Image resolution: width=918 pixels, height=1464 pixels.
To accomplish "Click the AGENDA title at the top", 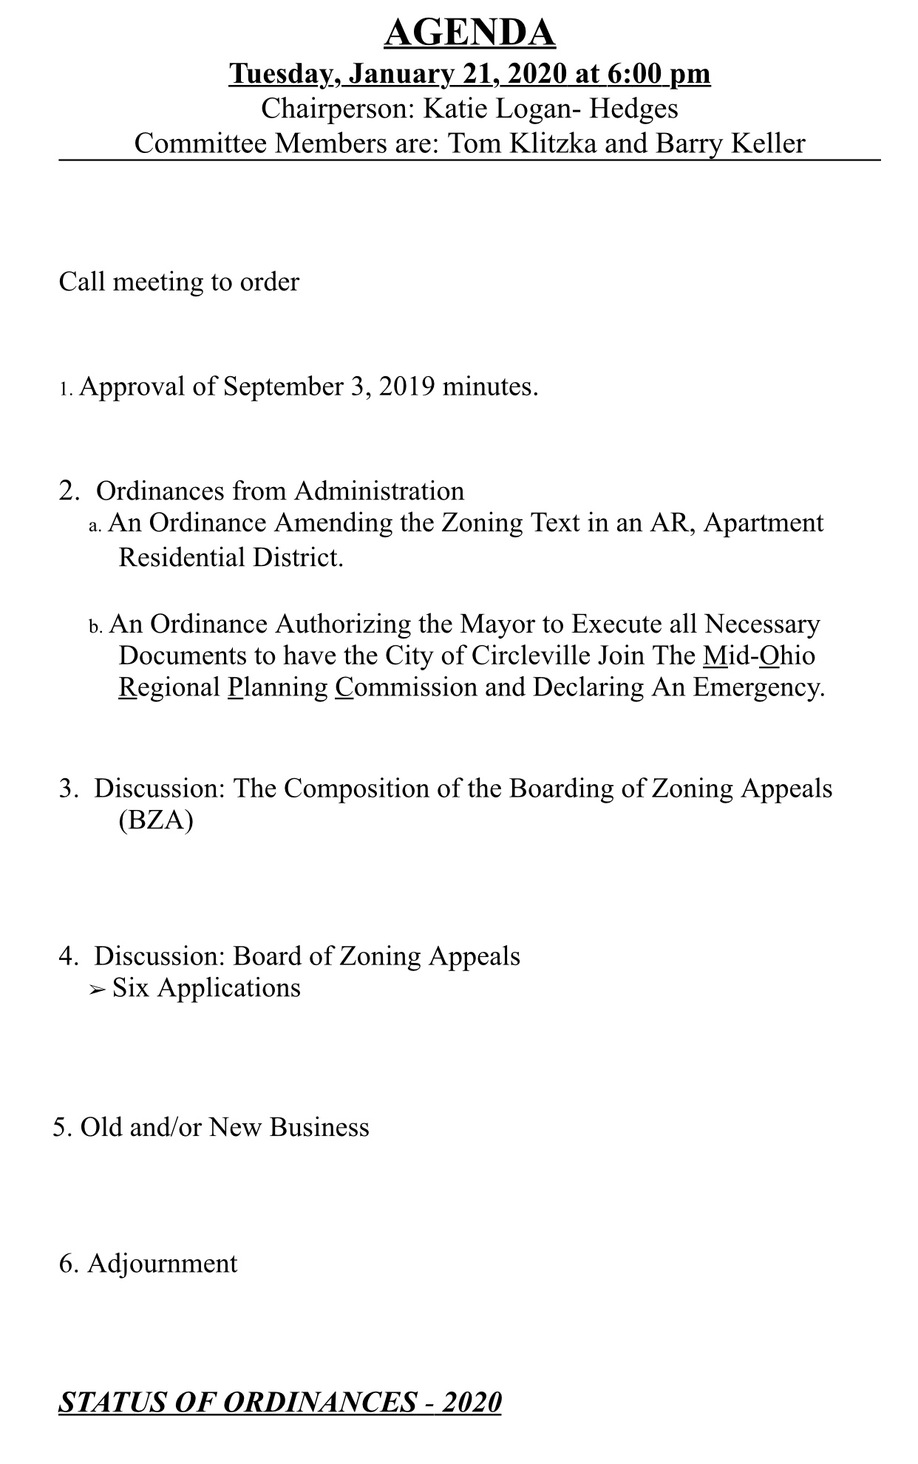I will pyautogui.click(x=469, y=33).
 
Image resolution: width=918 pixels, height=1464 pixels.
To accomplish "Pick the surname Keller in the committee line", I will pyautogui.click(x=766, y=143).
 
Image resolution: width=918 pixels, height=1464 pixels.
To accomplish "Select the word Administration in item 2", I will pyautogui.click(x=379, y=491).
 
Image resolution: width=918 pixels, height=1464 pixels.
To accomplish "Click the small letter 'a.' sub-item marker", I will pyautogui.click(x=95, y=526).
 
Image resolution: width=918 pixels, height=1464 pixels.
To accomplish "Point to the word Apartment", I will pyautogui.click(x=764, y=523).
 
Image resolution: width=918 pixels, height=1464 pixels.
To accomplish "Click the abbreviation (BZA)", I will pyautogui.click(x=155, y=820).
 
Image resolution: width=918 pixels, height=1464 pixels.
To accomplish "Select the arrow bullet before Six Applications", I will pyautogui.click(x=98, y=990).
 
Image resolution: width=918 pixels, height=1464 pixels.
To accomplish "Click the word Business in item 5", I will pyautogui.click(x=319, y=1127).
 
